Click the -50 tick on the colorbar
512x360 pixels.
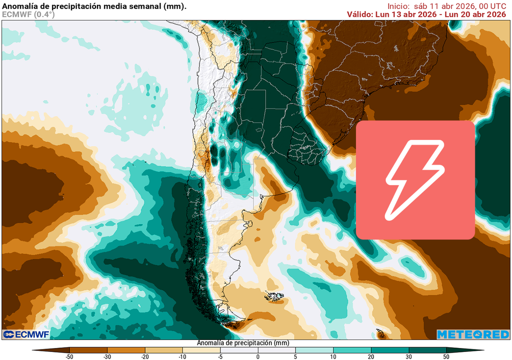pos(69,356)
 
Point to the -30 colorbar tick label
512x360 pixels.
pos(107,356)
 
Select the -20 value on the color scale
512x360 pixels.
pos(144,356)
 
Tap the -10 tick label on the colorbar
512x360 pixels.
pos(182,356)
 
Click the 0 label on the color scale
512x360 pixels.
pos(258,356)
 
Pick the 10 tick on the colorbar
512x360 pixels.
pos(333,356)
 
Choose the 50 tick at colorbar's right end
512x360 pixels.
pos(446,356)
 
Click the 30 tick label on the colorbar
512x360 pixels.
pos(408,356)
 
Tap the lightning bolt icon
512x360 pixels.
pos(415,180)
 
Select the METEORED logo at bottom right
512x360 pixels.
pos(472,334)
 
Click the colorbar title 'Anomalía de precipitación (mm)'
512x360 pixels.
pos(243,343)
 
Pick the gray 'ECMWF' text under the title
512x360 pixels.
pos(16,14)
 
